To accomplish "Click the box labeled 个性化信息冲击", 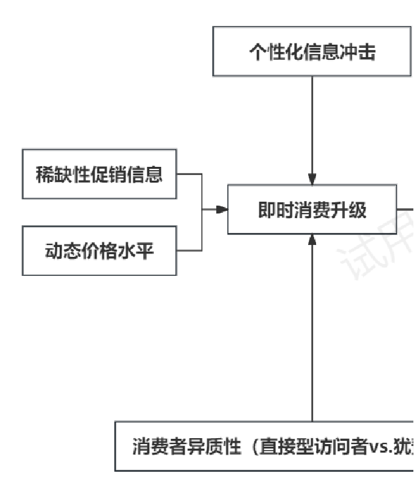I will click(x=311, y=52).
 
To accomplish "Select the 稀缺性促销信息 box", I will click(x=99, y=174).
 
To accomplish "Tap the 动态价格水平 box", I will click(x=99, y=250).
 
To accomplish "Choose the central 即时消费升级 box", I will click(x=311, y=210).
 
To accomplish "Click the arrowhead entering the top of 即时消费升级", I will click(x=312, y=179).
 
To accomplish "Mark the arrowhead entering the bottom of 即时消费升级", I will click(x=312, y=240).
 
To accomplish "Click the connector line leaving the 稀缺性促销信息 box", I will click(x=190, y=174).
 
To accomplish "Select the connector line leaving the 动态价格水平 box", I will click(x=190, y=250).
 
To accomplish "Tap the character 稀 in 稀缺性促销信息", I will click(x=45, y=175).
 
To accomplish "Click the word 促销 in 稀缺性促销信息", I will click(x=116, y=175).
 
